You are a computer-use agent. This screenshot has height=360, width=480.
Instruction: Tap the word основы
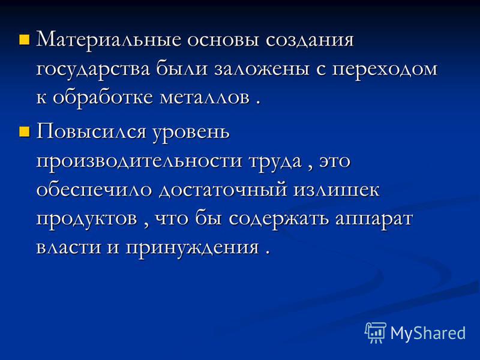pos(223,41)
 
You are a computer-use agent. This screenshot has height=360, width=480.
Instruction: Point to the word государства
pos(93,70)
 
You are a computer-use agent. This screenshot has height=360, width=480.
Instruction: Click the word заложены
pos(262,69)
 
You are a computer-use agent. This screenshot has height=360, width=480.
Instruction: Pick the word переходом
pos(385,70)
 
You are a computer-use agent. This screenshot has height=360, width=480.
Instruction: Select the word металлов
pos(205,98)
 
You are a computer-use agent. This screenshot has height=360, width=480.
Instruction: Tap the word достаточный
pos(223,190)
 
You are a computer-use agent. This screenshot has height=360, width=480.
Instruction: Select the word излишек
pos(337,190)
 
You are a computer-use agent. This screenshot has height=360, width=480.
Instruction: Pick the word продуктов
pos(86,220)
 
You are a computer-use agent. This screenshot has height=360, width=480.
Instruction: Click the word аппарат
pos(374,220)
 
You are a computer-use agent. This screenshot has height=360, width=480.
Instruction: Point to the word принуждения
pos(192,247)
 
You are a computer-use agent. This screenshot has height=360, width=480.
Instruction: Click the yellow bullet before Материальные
pos(24,40)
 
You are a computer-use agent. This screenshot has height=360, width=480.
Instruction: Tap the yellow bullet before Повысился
pos(24,131)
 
